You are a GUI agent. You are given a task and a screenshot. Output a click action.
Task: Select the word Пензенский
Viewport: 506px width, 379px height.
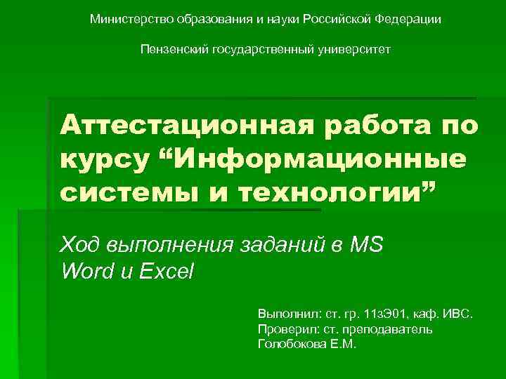[171, 50]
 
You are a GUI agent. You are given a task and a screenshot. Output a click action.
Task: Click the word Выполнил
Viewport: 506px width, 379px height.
[287, 313]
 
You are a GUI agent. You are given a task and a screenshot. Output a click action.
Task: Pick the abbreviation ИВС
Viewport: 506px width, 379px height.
[460, 313]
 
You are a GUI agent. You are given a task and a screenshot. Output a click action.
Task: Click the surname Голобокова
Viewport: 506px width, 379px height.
[295, 344]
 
